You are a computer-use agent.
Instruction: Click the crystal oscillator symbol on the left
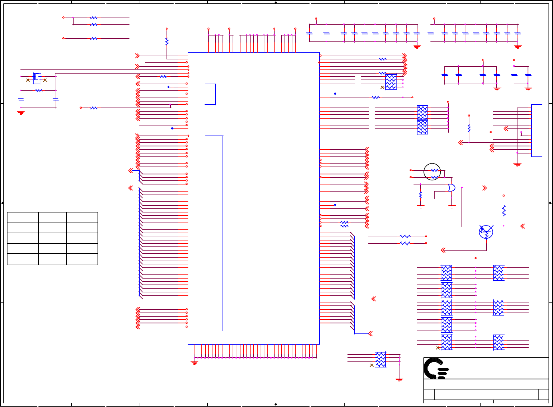tap(37, 77)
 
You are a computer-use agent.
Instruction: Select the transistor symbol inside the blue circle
tap(486, 232)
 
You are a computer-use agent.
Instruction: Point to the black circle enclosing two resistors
tap(432, 172)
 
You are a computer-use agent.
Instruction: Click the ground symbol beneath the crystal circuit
tap(21, 112)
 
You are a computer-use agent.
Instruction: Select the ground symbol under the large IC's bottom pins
tap(194, 362)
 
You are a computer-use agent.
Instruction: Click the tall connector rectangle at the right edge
tap(536, 130)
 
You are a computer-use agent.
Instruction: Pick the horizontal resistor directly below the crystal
tap(38, 90)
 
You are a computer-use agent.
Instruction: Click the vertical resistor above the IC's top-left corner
tap(167, 41)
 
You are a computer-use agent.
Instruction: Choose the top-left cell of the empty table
tap(22, 217)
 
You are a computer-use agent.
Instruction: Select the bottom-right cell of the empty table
tap(82, 259)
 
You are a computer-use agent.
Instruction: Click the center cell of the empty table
tap(52, 238)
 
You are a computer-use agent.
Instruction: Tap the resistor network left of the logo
tap(380, 360)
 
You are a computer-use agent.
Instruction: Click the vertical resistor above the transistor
tap(504, 211)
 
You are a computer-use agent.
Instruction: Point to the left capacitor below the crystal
tap(21, 99)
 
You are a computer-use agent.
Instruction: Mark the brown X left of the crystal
tap(28, 80)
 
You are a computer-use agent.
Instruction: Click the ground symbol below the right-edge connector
tap(517, 164)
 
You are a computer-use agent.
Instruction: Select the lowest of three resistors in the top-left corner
tap(94, 38)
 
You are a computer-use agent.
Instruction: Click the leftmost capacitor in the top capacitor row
tap(309, 33)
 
